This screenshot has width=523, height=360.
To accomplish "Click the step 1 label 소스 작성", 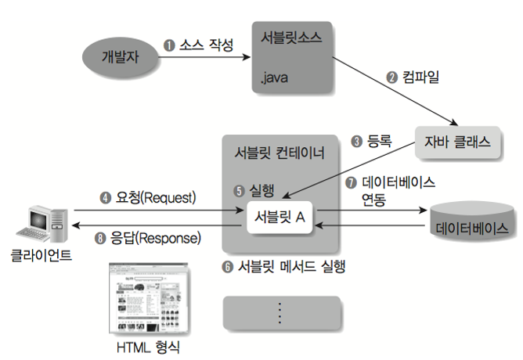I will (199, 45).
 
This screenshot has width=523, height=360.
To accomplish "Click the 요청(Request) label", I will (153, 198).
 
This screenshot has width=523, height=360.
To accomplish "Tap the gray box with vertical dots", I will (282, 312).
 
